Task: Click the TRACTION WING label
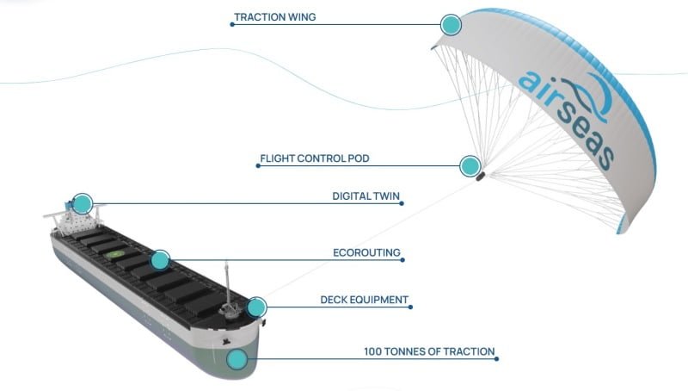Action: (275, 17)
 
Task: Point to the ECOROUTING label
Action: (367, 254)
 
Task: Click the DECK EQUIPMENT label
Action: (364, 301)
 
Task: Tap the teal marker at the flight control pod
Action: (470, 166)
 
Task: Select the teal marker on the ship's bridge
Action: (82, 204)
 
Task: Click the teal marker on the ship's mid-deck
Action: (160, 259)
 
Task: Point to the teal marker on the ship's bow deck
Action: (256, 307)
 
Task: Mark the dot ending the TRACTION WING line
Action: (232, 24)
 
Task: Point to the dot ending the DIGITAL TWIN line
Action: (402, 204)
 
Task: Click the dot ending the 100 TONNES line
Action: (498, 359)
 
